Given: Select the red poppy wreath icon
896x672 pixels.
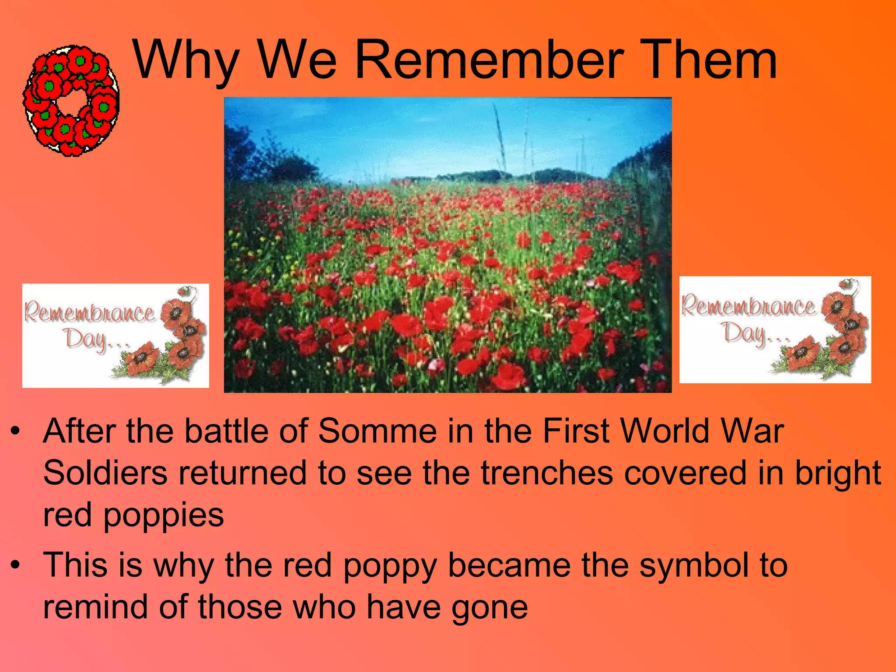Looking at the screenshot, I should point(71,101).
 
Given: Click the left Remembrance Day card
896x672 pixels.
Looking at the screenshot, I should point(115,336).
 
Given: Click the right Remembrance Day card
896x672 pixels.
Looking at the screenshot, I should point(775,329).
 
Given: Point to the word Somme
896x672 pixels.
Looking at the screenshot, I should point(377,431).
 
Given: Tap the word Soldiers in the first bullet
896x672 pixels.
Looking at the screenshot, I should point(105,472).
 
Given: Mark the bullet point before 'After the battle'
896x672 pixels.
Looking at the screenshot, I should point(16,432).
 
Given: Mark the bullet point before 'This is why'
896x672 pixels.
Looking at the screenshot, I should point(16,565).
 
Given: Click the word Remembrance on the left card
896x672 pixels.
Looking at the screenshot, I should point(89,313).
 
